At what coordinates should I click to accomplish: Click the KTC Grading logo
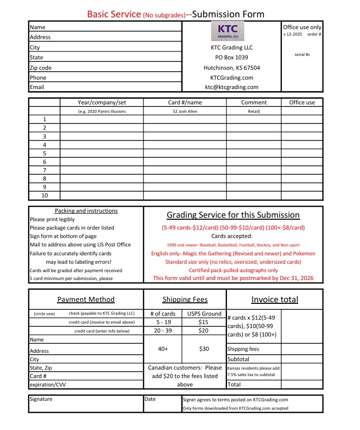click(x=228, y=31)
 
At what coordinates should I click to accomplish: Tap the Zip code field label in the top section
click(x=41, y=68)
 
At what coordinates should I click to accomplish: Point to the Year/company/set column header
click(x=102, y=102)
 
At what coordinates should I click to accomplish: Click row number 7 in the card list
click(x=45, y=170)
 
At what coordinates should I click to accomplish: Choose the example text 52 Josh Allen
click(x=184, y=111)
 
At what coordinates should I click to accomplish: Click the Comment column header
click(x=254, y=102)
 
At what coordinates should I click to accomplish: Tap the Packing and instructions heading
click(x=86, y=211)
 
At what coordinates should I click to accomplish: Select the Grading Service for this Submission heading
click(x=233, y=215)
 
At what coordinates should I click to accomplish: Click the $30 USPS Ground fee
click(x=204, y=349)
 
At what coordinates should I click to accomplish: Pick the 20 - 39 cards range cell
click(x=163, y=331)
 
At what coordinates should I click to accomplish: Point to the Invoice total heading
click(x=274, y=299)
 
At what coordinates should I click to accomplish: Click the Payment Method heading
click(x=86, y=299)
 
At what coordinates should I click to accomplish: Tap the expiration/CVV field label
click(x=47, y=384)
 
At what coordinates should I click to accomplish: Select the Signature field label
click(x=41, y=399)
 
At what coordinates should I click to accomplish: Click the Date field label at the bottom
click(x=150, y=399)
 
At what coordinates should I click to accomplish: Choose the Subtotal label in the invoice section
click(x=238, y=359)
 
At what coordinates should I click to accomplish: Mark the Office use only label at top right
click(x=302, y=27)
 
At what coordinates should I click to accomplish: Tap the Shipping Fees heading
click(x=185, y=299)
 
